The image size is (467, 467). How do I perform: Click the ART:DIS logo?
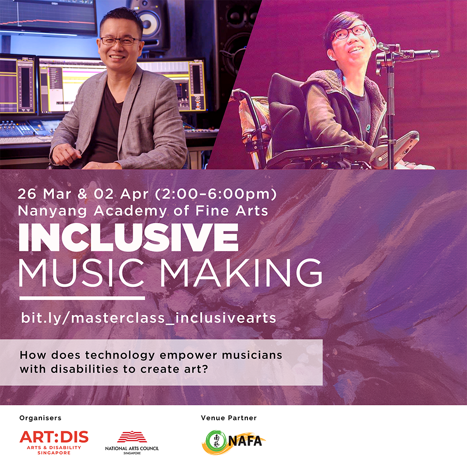[54, 442]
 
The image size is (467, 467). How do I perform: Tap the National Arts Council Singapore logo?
[132, 443]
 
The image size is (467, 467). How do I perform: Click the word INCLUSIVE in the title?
[128, 237]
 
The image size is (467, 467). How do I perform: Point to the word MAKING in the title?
[241, 273]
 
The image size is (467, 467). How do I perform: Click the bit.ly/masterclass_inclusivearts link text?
[149, 318]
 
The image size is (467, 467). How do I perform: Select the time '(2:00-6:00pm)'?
[216, 194]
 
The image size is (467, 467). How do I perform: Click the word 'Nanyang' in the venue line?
[52, 211]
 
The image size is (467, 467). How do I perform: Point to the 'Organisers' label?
[40, 418]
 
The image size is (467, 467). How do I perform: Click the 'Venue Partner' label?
[229, 418]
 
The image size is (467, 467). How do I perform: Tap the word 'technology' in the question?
[120, 355]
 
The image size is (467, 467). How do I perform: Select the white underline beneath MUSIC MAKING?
[82, 298]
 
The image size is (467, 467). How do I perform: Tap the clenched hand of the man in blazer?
[66, 154]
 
